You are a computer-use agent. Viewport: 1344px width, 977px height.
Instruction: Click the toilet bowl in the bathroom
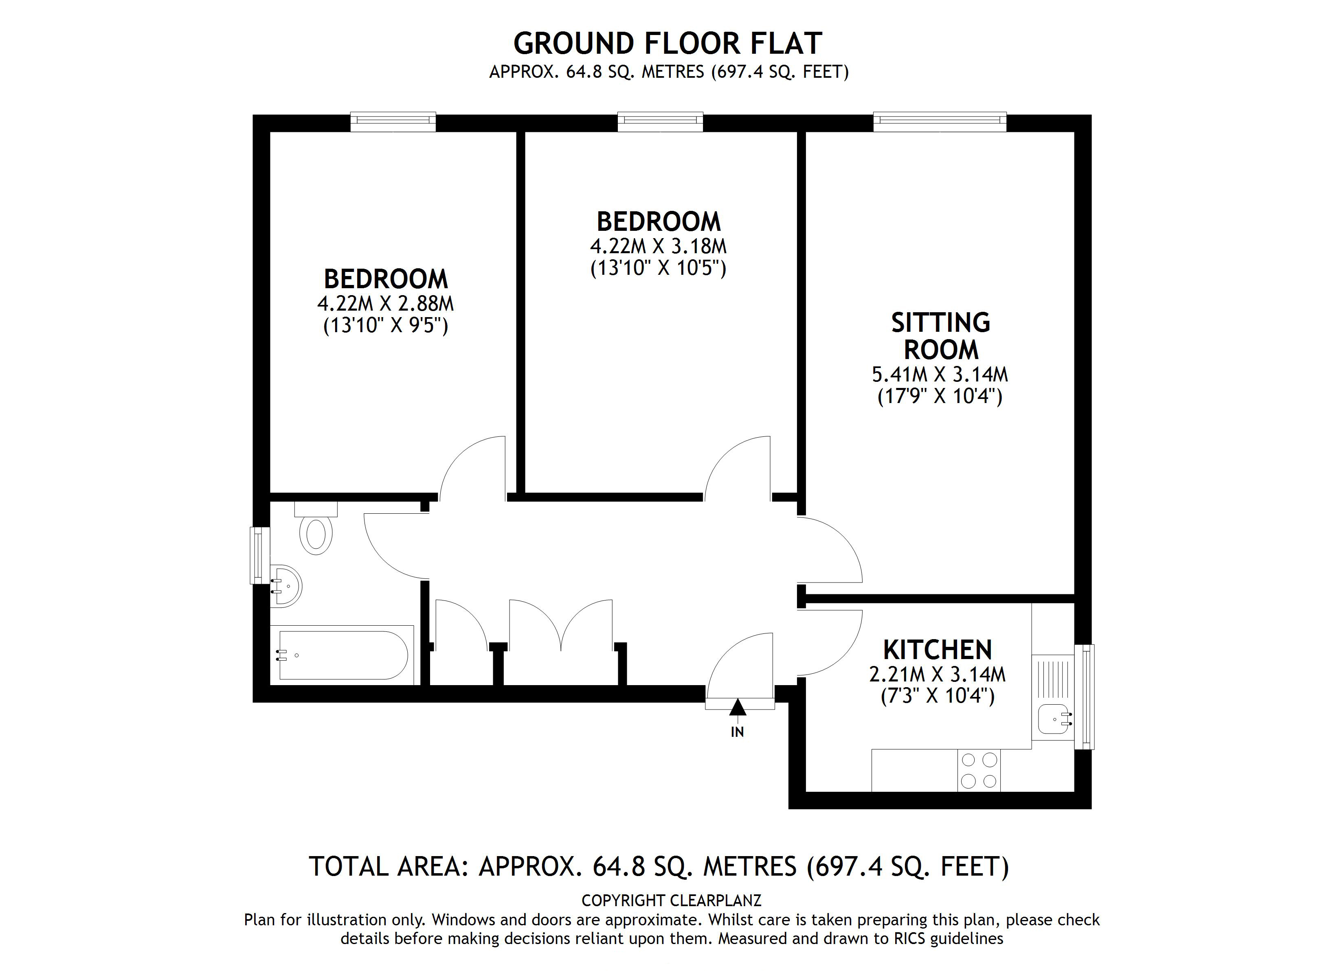point(316,535)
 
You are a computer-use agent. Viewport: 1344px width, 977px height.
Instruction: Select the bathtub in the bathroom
point(343,655)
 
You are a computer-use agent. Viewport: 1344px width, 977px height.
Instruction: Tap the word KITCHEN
point(937,650)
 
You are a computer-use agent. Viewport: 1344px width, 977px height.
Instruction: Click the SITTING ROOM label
point(940,336)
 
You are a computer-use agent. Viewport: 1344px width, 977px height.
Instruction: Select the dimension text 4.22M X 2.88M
point(385,303)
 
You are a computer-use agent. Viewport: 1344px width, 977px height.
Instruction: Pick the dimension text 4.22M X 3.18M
point(658,246)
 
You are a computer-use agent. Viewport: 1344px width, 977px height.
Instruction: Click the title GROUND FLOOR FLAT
point(667,43)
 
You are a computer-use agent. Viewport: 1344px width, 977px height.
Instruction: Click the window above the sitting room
point(939,121)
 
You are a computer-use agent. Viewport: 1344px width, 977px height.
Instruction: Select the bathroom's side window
point(258,555)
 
